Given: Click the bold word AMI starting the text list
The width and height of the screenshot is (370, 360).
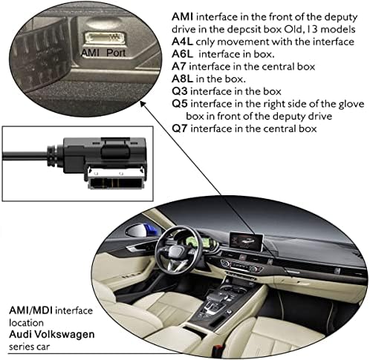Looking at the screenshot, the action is click(x=183, y=17).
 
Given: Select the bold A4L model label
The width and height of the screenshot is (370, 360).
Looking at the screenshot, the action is click(x=182, y=42).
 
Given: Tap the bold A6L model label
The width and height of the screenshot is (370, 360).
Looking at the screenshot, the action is click(x=182, y=54).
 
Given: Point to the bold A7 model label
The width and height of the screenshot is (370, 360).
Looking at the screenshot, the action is click(x=179, y=66).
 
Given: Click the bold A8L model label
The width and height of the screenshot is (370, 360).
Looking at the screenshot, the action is click(x=182, y=79).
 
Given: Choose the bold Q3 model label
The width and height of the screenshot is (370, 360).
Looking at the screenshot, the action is click(x=180, y=91).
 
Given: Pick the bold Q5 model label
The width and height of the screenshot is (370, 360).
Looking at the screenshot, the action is click(x=180, y=104).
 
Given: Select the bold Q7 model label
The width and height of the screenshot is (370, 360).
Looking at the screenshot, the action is click(x=180, y=128).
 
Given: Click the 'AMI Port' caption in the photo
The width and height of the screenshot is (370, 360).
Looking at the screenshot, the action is click(x=103, y=53).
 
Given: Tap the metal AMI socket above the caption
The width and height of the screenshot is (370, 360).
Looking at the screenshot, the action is click(x=103, y=38).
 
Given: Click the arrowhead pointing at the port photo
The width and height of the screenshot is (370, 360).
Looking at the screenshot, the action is click(x=142, y=104).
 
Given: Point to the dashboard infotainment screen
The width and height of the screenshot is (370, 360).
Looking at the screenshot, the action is click(x=247, y=240).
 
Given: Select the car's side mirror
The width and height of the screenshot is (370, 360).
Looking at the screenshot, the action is click(x=140, y=232).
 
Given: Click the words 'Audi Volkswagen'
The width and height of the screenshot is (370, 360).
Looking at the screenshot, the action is click(x=52, y=335).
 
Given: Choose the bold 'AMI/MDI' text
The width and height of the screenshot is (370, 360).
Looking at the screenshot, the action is click(x=30, y=310).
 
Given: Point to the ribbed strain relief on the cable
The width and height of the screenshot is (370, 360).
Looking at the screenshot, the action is click(x=53, y=157).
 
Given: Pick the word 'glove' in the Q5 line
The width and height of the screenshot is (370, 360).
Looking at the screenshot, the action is click(x=351, y=104).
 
